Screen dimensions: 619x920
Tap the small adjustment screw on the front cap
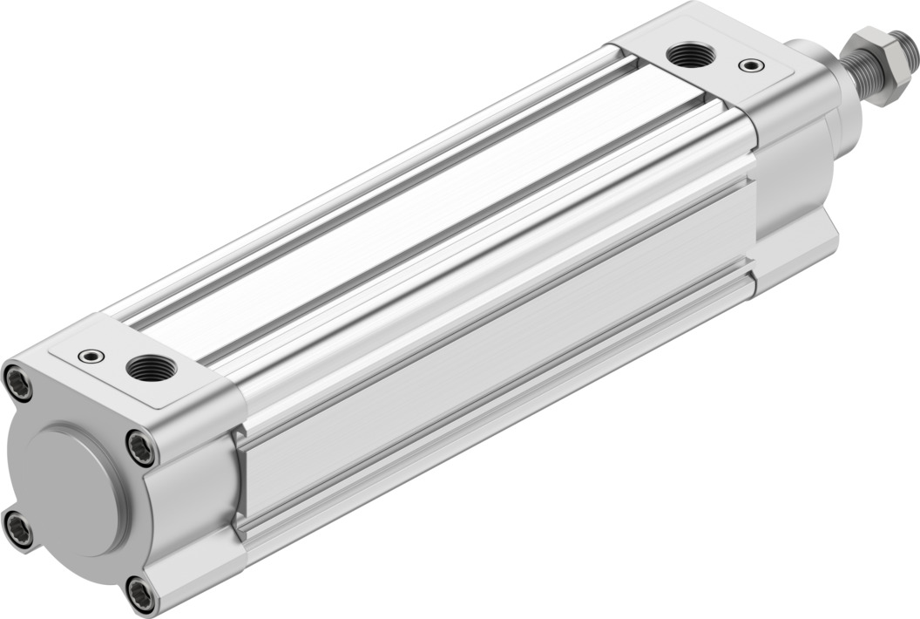[x=748, y=65]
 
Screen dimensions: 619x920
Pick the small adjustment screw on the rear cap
[x=90, y=356]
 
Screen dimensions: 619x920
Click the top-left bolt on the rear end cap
[x=17, y=382]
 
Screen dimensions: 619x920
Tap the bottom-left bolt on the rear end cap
[x=17, y=528]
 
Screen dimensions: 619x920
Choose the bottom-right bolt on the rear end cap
[x=139, y=595]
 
